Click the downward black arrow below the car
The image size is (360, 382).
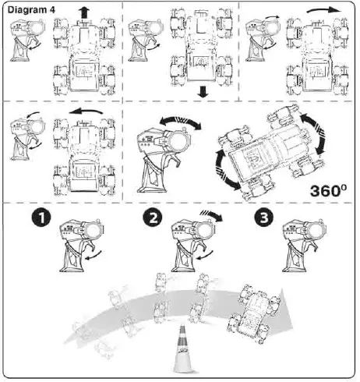click(x=203, y=91)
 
